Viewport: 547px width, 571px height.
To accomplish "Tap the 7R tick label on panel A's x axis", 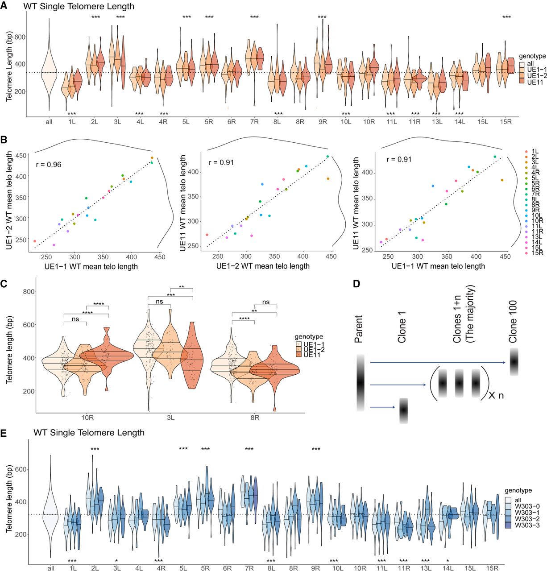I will coord(254,122).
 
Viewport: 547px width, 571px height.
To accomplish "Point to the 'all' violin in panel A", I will coord(49,71).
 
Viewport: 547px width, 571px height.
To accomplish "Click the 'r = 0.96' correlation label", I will coord(49,165).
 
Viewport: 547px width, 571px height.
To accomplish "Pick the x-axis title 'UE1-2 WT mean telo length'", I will coord(263,266).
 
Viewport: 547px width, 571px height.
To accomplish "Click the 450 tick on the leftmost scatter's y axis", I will coord(21,155).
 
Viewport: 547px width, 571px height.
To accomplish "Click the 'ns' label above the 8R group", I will coord(266,302).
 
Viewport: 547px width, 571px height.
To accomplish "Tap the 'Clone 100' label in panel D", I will coord(513,321).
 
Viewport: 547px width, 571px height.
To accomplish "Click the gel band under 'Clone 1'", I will coord(403,410).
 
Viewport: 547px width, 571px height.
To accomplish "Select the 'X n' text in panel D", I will coord(496,395).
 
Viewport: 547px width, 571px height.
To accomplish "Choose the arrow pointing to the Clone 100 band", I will coord(437,363).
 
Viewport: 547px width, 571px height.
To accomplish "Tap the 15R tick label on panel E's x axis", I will coord(492,568).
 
